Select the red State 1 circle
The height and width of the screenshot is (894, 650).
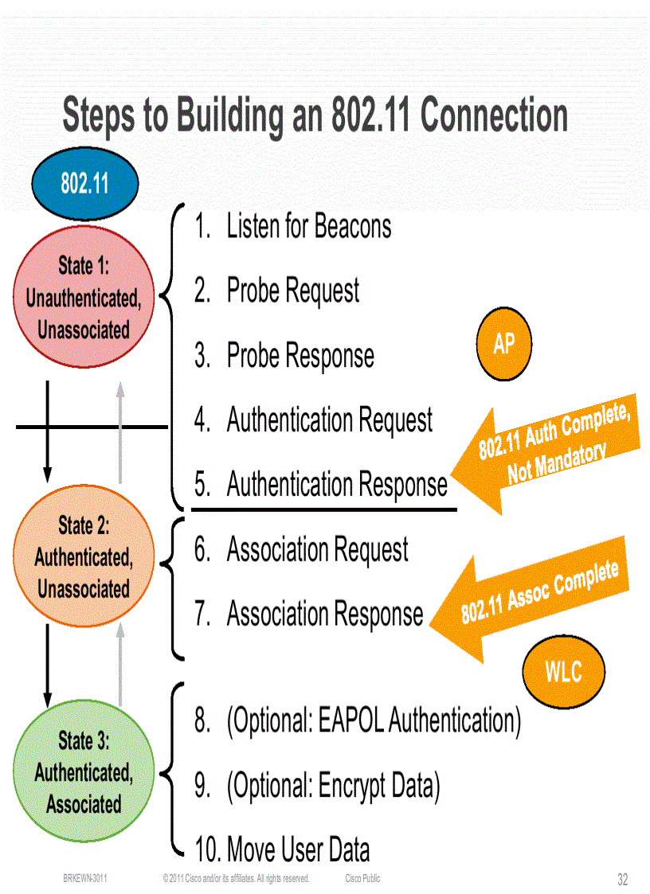tap(84, 298)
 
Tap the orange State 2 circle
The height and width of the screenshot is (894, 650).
tap(84, 556)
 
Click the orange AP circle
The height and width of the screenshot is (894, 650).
tap(504, 345)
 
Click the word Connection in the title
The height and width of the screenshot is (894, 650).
tap(494, 116)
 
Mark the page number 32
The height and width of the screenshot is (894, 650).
tap(622, 880)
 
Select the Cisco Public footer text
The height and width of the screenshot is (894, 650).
tap(362, 879)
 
